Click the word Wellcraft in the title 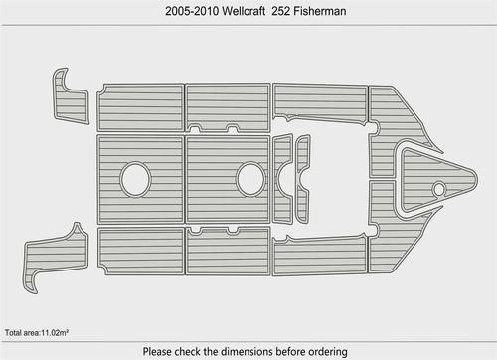(x=244, y=11)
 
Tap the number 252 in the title (x=281, y=11)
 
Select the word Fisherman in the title (x=320, y=11)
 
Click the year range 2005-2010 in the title (x=192, y=11)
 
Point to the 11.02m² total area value (x=55, y=333)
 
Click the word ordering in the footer (x=328, y=352)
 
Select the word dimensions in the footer (x=247, y=351)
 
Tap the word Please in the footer (x=157, y=351)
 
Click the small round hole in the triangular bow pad (x=439, y=189)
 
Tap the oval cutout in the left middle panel (x=135, y=179)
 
